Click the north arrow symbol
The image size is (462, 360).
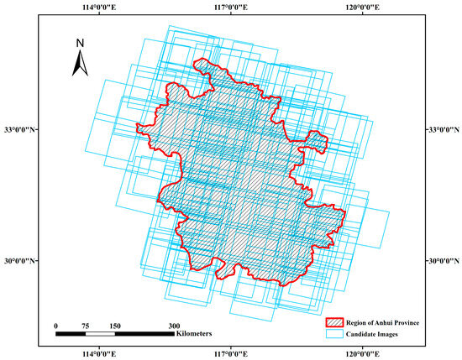tap(79, 61)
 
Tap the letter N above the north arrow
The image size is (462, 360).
tap(79, 42)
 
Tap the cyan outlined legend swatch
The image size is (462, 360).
tap(336, 333)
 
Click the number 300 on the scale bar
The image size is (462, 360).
tap(175, 325)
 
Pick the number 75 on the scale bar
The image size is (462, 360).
tap(86, 325)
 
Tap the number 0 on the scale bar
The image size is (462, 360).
tap(55, 325)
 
